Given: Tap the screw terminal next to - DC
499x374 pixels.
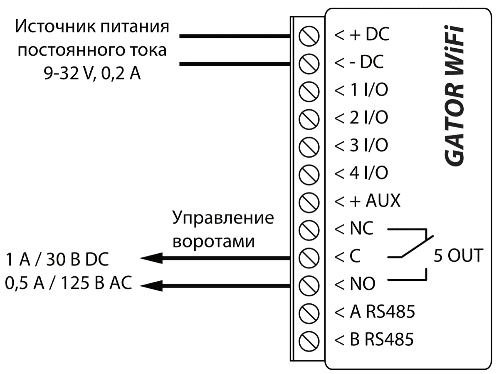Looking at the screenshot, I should pos(309,64).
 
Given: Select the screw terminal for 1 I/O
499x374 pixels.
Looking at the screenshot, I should pos(309,91).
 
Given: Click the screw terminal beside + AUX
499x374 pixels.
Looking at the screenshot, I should pos(309,201).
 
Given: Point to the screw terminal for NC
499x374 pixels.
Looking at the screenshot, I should pos(309,228).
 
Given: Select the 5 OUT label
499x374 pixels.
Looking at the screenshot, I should pos(458,255).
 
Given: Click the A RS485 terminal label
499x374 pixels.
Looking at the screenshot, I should pos(374,312).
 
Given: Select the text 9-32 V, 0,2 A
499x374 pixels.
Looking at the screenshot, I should pos(92,75).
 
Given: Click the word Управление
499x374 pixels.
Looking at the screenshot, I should pos(223,218).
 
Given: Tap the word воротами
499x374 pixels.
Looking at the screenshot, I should pos(213,241).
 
